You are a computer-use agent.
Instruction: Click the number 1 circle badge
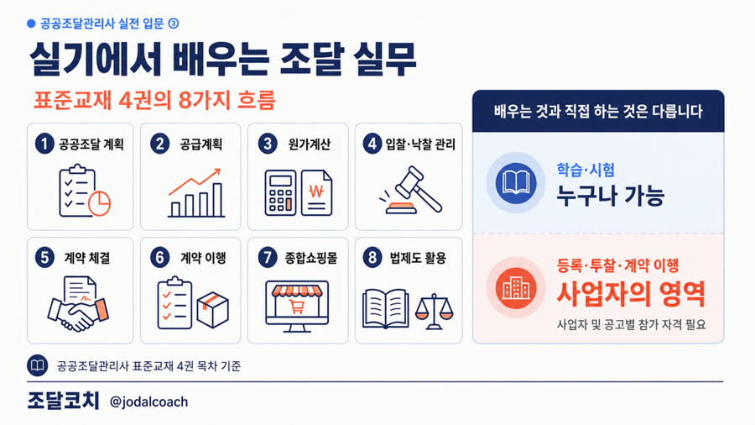pyautogui.click(x=44, y=144)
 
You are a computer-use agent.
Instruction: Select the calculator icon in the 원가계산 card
pyautogui.click(x=280, y=192)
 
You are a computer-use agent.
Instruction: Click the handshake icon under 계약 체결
pyautogui.click(x=78, y=303)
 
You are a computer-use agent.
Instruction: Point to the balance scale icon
pyautogui.click(x=434, y=312)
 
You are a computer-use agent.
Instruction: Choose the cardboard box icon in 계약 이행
pyautogui.click(x=212, y=310)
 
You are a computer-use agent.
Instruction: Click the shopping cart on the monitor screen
pyautogui.click(x=297, y=307)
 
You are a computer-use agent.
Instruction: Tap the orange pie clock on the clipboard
pyautogui.click(x=99, y=203)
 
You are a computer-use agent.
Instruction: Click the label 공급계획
pyautogui.click(x=201, y=144)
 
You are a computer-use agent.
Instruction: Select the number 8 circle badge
pyautogui.click(x=372, y=258)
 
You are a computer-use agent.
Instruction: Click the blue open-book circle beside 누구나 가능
pyautogui.click(x=516, y=183)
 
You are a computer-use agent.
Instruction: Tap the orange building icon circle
pyautogui.click(x=516, y=288)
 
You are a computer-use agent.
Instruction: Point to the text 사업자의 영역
pyautogui.click(x=631, y=293)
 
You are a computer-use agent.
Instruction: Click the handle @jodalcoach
pyautogui.click(x=148, y=401)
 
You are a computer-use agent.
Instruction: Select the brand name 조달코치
pyautogui.click(x=63, y=401)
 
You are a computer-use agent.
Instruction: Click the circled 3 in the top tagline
pyautogui.click(x=174, y=24)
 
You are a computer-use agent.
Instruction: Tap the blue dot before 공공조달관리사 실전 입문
pyautogui.click(x=31, y=24)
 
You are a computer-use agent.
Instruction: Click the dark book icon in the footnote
pyautogui.click(x=37, y=365)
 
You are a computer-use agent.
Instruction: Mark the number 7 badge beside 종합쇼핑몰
pyautogui.click(x=268, y=258)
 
